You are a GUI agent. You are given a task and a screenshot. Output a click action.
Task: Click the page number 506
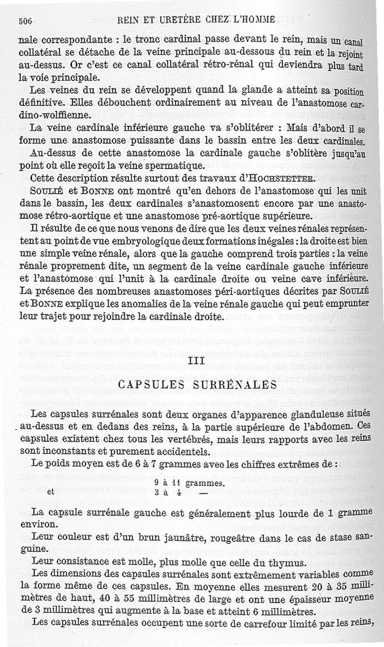[24, 21]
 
